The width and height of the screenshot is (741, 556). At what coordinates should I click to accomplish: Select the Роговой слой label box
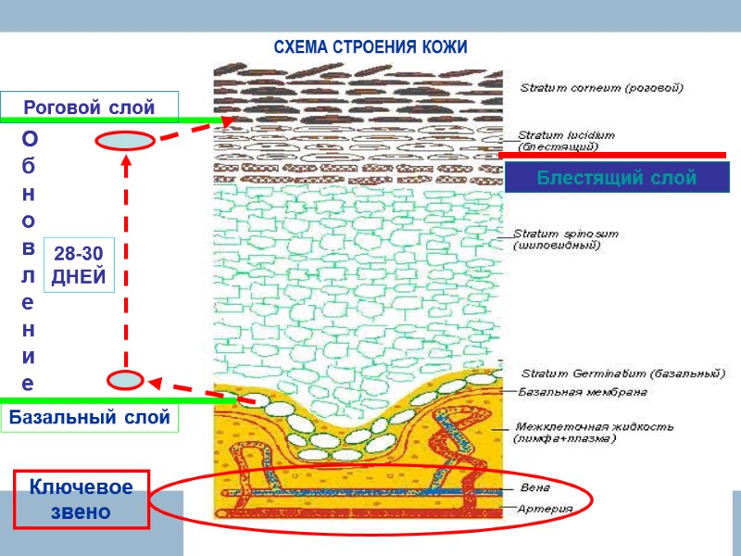[x=89, y=107]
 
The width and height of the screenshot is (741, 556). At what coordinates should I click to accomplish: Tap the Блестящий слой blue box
[x=617, y=178]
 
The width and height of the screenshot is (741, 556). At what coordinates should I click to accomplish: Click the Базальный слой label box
[x=89, y=418]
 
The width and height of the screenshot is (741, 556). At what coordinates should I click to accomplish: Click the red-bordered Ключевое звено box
[x=82, y=499]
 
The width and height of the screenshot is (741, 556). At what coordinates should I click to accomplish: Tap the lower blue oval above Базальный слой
[x=125, y=379]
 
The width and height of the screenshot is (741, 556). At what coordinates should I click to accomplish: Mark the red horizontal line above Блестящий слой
[x=611, y=155]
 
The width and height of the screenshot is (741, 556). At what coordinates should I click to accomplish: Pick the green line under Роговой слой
[x=111, y=121]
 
